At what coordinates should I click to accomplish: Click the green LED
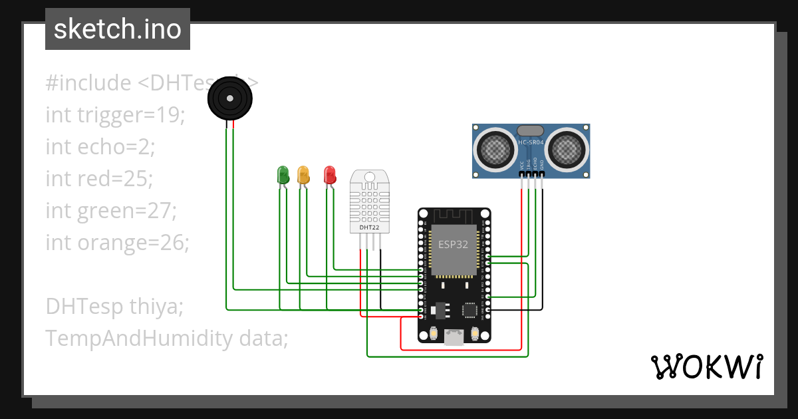tap(283, 175)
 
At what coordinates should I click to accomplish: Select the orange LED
tap(303, 175)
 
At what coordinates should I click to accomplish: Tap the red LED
tap(329, 175)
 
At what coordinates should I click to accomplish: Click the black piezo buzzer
tap(230, 99)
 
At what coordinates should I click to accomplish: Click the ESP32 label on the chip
tap(453, 244)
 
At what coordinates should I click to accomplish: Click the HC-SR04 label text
tap(530, 142)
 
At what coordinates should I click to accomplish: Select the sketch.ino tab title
tap(118, 29)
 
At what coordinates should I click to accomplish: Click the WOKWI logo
tap(706, 366)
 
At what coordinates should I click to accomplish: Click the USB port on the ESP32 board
tap(454, 337)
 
